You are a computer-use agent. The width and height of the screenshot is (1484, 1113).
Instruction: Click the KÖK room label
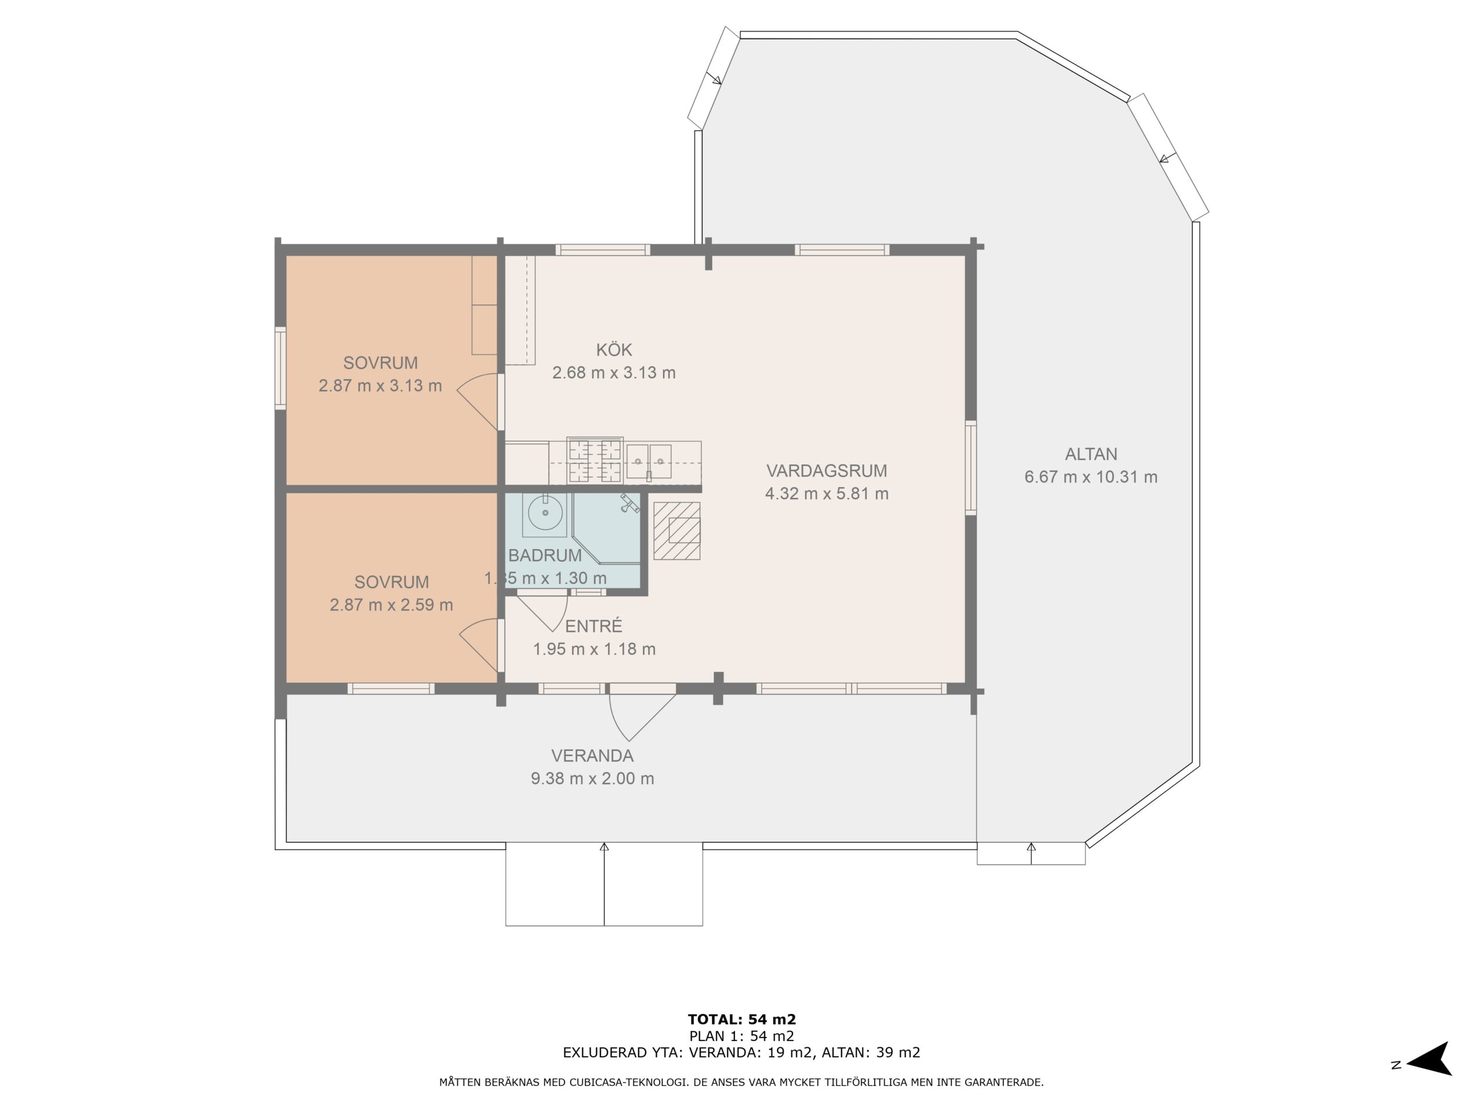point(614,350)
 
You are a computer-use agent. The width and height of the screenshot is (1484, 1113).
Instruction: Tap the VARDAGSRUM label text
point(827,470)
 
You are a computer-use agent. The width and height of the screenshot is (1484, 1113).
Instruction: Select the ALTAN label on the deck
point(1091,454)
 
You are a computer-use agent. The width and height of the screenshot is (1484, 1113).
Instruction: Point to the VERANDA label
point(592,755)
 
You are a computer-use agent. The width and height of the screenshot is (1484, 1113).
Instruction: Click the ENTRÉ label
point(594,626)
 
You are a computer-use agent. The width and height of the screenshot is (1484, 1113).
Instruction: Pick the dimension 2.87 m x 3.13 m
point(380,385)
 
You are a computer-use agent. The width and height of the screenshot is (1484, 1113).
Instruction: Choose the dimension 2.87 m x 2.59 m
point(391,605)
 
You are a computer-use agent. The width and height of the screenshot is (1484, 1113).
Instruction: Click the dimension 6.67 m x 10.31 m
point(1091,477)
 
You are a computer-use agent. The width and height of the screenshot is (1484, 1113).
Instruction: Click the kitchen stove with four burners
point(594,460)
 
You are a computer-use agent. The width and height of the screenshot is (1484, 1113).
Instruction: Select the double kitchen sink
point(649,461)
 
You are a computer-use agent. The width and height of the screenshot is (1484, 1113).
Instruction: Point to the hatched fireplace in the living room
point(677,530)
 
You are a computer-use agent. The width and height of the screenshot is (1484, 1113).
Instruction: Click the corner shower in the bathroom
point(607,529)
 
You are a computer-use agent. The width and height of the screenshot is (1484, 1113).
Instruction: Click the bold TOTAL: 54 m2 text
point(742,1020)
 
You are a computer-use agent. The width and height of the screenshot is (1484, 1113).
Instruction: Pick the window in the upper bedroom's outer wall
point(281,368)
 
